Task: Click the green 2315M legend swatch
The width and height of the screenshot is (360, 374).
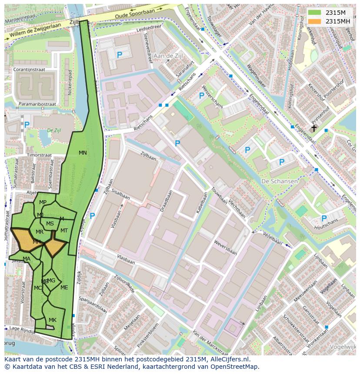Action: (x=314, y=13)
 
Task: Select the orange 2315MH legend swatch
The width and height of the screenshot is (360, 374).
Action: (x=314, y=21)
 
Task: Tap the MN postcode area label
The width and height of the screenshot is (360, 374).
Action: (x=83, y=153)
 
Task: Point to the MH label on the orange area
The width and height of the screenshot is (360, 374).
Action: (x=37, y=242)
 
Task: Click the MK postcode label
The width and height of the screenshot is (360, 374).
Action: (x=53, y=320)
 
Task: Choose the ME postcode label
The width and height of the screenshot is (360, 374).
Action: (x=64, y=288)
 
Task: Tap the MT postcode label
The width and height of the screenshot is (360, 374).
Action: (x=64, y=231)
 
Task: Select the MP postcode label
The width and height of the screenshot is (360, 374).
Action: (x=43, y=202)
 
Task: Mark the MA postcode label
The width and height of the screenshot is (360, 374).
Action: (x=27, y=259)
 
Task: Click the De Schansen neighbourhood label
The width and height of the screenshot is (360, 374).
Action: (x=280, y=181)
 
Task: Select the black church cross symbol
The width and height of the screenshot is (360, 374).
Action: (x=313, y=128)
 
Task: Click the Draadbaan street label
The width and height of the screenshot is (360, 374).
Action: (x=166, y=202)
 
